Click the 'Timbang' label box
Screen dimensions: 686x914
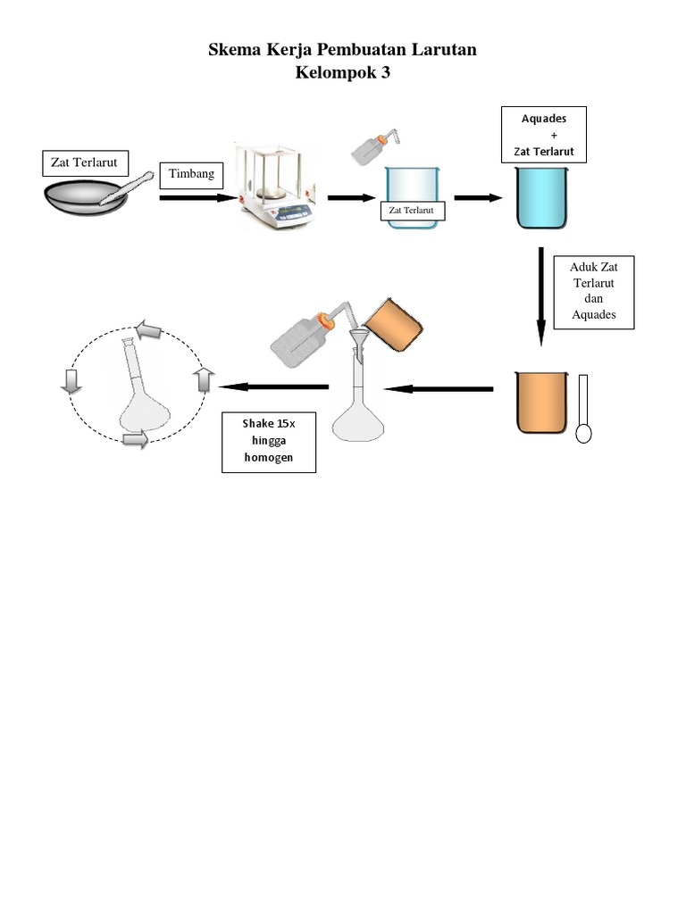191,176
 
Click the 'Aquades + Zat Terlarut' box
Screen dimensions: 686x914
544,135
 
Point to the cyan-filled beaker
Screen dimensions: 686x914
541,197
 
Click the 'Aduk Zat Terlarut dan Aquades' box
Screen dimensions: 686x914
594,293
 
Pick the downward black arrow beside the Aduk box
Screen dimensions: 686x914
540,296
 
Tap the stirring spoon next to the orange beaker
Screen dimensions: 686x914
583,409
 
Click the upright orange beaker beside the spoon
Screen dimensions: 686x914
541,403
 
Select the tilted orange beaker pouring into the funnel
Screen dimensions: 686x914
393,325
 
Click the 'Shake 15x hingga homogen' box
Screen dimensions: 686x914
269,443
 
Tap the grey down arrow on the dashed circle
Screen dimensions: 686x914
71,382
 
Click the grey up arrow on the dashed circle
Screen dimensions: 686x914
204,379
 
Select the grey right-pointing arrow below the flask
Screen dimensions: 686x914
136,439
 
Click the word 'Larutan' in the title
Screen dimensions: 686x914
444,50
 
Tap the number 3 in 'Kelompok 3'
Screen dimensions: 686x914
385,72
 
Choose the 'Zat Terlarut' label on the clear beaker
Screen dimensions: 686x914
412,211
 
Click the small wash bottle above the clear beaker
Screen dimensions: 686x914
375,145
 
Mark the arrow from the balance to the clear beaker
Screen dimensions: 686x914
351,198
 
